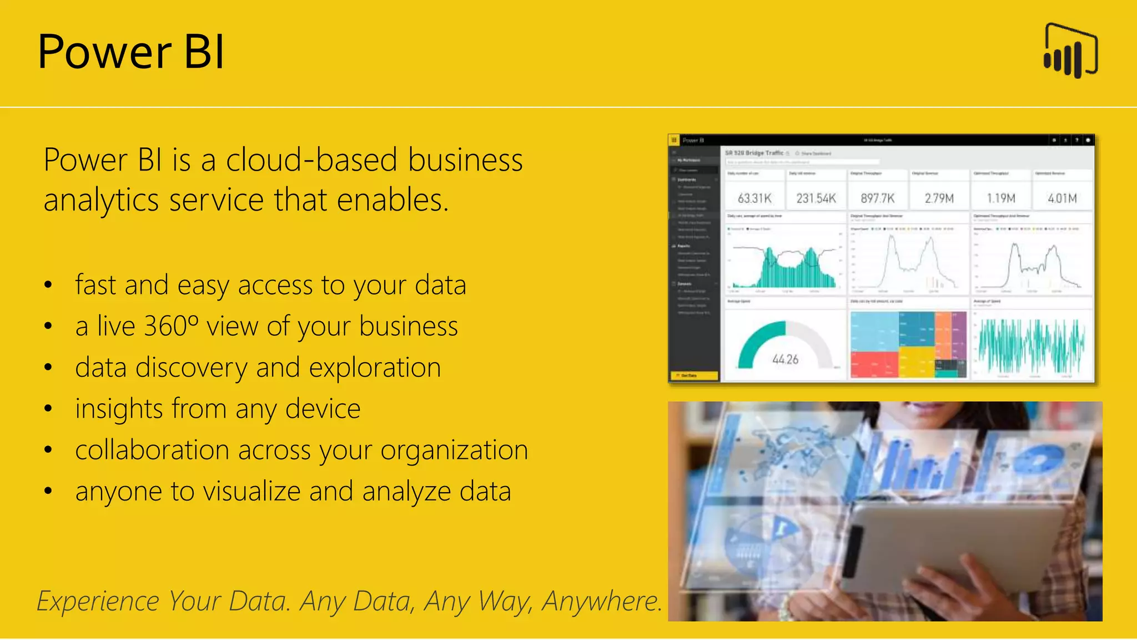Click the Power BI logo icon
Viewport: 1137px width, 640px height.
1070,51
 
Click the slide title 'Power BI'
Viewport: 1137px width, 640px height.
131,52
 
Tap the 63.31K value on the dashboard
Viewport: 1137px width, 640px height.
754,198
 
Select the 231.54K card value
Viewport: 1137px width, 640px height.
816,198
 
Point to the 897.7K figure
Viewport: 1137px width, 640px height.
878,198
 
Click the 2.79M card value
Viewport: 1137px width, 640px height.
939,198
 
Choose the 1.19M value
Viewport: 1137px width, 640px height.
1001,198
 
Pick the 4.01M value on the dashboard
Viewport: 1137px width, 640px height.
1062,198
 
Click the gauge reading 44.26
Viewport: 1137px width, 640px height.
785,359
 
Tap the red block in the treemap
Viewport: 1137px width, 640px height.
874,363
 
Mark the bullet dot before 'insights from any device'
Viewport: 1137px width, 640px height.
48,409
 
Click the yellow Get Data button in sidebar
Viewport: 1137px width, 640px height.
694,376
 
